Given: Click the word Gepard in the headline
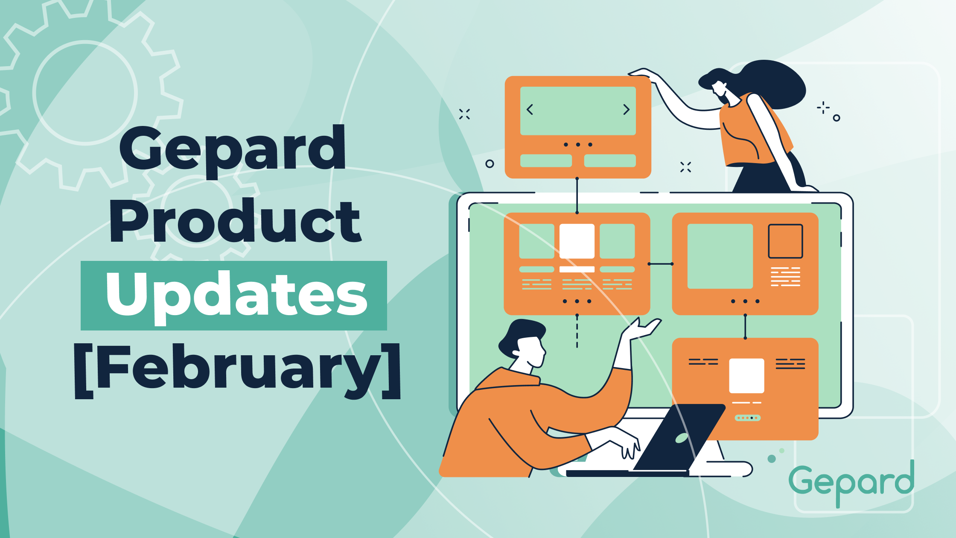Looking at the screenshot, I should [233, 149].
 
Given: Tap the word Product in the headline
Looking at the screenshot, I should [235, 222].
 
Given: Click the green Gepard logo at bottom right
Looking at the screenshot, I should [851, 482].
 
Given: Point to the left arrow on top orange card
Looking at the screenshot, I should [530, 110].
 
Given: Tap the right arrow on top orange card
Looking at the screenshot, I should [626, 110].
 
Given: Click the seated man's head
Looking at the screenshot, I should [523, 342].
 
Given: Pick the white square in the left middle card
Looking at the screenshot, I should [577, 241].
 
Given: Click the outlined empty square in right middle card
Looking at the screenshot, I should [785, 241].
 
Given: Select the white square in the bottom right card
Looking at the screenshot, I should [746, 376].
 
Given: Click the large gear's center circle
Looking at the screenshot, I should [85, 93].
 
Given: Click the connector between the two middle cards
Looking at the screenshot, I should [661, 264].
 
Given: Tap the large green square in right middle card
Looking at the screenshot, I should [720, 256].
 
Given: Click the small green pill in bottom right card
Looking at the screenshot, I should [747, 418].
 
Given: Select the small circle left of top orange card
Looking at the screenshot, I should [490, 164].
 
